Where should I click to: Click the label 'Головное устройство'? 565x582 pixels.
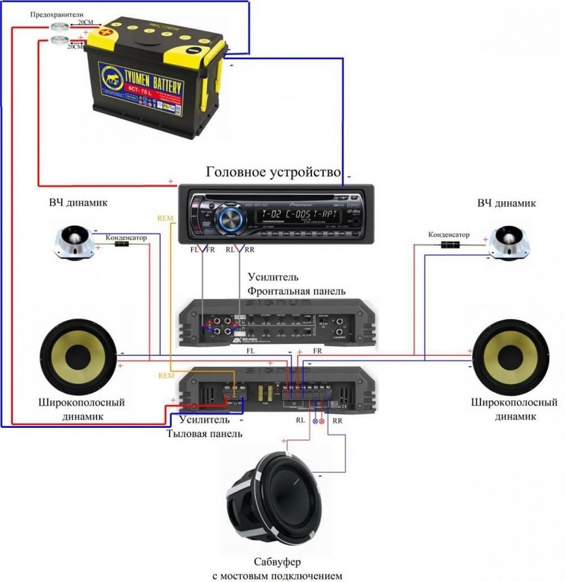coord(274,171)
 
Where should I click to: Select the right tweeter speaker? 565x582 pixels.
coord(510,243)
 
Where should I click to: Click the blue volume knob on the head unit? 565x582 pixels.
coord(229,217)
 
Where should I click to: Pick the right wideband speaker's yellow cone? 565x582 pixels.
coord(510,356)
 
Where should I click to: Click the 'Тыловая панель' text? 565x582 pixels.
coord(205,434)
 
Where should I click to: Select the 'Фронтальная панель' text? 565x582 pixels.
coord(296,291)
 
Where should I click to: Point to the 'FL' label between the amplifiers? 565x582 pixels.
coord(251,350)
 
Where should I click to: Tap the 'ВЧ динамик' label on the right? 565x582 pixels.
coord(506,203)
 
